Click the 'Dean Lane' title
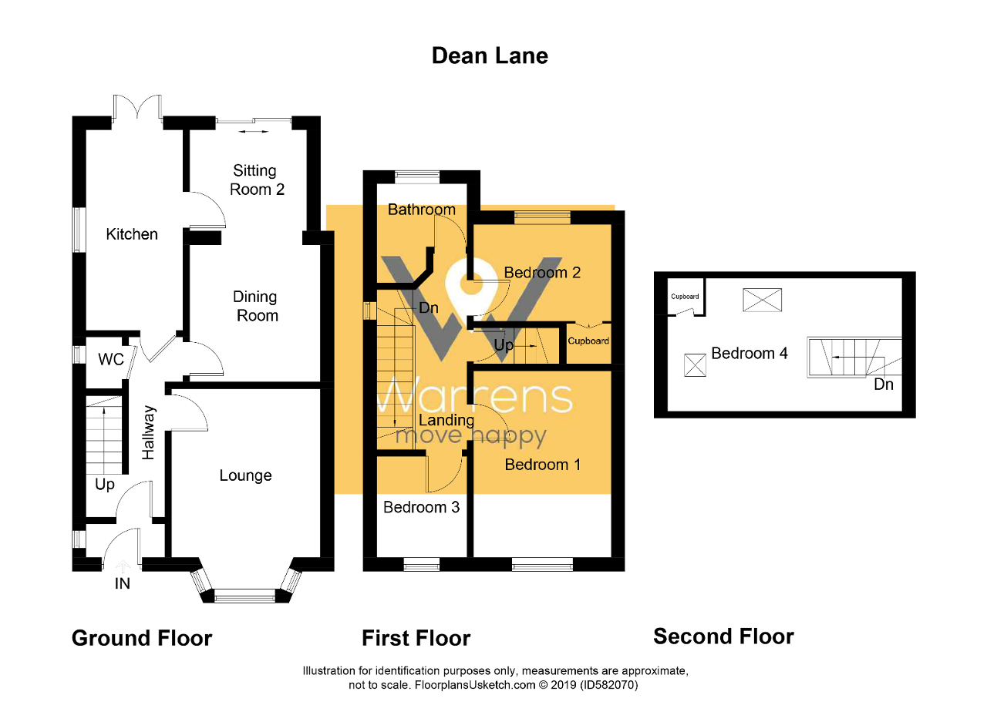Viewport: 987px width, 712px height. coord(490,55)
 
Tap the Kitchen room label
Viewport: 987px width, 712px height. coord(132,234)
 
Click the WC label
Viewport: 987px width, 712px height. coord(111,360)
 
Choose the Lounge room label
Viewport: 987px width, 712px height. coord(245,475)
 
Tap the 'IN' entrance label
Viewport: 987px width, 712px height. coord(123,583)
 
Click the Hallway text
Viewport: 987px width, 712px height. coord(149,433)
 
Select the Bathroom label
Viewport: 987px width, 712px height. coord(421,210)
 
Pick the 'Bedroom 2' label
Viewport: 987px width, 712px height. coord(542,272)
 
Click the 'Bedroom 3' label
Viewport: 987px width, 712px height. coord(421,507)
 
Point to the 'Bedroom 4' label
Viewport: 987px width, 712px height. coord(750,354)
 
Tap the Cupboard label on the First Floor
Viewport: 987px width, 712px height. coord(588,341)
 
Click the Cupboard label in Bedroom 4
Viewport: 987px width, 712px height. coord(685,297)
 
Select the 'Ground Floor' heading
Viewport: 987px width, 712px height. coord(142,638)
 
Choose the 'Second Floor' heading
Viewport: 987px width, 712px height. coord(723,636)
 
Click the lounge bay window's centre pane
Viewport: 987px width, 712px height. coord(244,595)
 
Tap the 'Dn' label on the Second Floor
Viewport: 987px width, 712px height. coord(884,384)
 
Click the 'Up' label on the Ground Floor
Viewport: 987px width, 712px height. coord(105,485)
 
